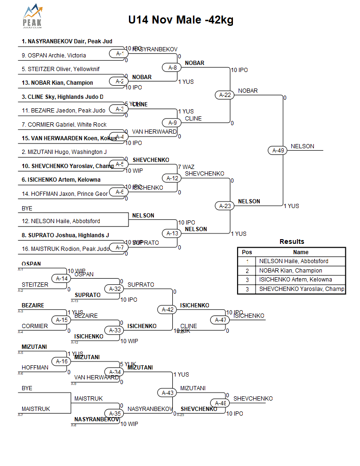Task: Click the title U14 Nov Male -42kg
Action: coord(181,20)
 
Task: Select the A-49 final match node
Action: coord(279,151)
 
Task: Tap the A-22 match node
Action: coord(225,95)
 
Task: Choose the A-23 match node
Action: coord(225,206)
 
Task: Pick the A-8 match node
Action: coord(173,67)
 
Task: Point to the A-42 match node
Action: coord(168,309)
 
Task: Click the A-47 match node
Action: coord(221,320)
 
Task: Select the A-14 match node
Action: coord(63,278)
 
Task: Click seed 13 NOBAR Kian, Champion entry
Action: coord(57,83)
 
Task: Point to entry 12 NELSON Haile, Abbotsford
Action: coord(61,221)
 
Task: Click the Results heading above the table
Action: coord(292,241)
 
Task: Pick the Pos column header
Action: coord(247,252)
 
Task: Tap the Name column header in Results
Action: coord(301,252)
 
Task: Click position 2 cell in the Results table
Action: coord(247,271)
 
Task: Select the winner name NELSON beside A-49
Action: coord(302,146)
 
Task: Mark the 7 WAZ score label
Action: coord(186,167)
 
